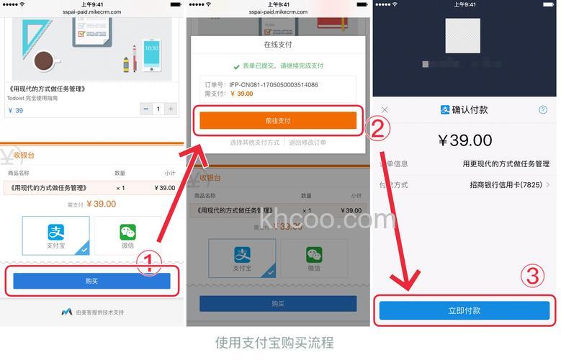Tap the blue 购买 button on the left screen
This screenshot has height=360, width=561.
pyautogui.click(x=91, y=281)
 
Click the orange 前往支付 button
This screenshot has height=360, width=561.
pyautogui.click(x=278, y=120)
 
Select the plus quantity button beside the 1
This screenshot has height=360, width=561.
pyautogui.click(x=170, y=109)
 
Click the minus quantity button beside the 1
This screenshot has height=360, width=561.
pyautogui.click(x=146, y=109)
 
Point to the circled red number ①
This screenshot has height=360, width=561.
pyautogui.click(x=148, y=261)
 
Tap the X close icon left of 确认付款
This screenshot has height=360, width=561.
pyautogui.click(x=385, y=109)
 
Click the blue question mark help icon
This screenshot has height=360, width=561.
pyautogui.click(x=543, y=109)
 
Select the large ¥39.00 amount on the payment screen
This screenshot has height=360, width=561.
pyautogui.click(x=464, y=140)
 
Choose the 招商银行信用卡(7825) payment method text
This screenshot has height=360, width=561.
pyautogui.click(x=508, y=185)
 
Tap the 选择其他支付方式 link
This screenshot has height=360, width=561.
pyautogui.click(x=254, y=143)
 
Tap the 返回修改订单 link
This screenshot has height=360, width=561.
pyautogui.click(x=308, y=143)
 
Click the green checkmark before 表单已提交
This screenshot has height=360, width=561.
pyautogui.click(x=236, y=66)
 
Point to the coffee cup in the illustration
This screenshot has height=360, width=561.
pyautogui.click(x=47, y=60)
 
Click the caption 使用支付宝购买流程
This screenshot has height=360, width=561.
pyautogui.click(x=274, y=342)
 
